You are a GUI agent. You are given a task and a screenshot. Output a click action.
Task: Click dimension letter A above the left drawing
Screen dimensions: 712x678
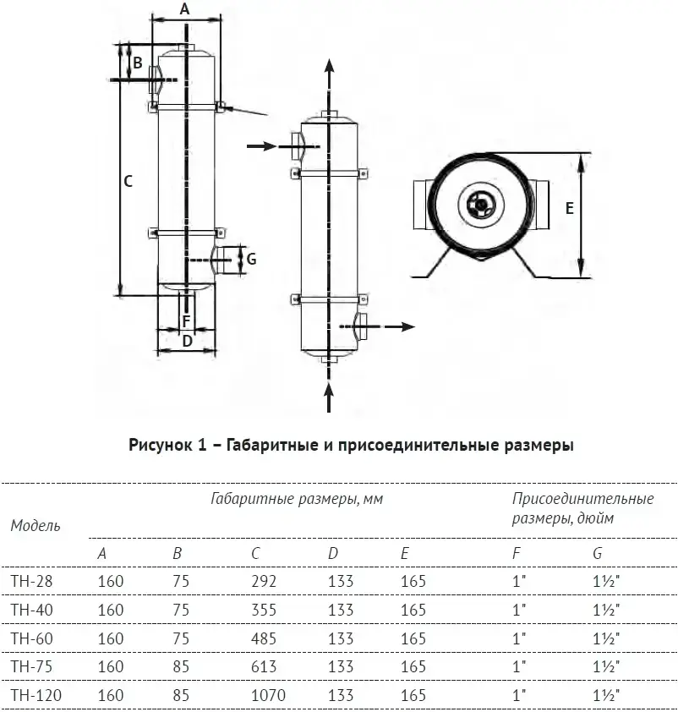186,9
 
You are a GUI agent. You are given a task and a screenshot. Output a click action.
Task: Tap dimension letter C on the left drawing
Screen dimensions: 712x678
128,181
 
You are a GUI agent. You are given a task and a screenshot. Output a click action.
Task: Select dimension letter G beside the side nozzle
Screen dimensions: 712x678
251,258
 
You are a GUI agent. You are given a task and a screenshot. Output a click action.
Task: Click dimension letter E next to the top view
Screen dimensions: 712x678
570,208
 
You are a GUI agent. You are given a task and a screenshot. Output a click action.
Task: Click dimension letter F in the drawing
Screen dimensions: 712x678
187,321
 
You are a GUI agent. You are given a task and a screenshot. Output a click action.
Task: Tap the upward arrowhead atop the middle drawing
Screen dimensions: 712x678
329,67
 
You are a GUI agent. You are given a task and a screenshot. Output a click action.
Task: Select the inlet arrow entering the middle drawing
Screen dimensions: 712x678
263,146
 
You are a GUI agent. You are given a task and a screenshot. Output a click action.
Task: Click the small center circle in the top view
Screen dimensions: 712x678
480,203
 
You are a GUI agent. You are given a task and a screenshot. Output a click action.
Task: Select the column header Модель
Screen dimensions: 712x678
36,525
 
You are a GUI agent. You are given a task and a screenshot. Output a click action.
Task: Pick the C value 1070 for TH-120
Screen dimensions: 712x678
269,696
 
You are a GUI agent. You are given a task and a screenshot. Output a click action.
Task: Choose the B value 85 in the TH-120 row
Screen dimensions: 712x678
180,696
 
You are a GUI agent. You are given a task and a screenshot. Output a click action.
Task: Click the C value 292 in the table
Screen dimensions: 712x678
264,581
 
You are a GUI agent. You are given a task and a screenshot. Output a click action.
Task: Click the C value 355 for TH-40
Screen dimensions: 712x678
264,610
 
